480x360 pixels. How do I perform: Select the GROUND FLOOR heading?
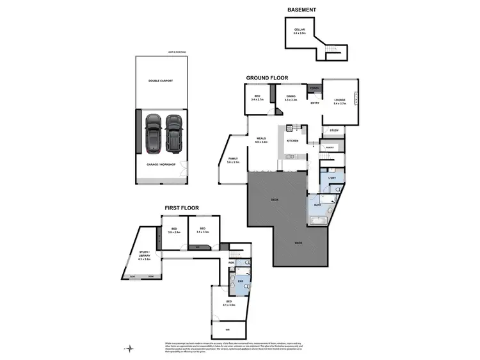pos(267,78)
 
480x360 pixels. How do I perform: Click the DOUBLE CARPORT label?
pos(161,81)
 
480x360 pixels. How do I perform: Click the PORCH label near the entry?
pos(315,88)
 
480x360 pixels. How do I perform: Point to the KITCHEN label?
pos(292,141)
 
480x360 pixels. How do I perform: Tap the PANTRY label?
pos(331,147)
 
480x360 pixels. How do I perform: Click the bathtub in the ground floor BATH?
pos(318,221)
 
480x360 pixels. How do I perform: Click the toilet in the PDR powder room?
pos(246,263)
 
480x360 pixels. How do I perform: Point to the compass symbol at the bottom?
pos(131,348)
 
